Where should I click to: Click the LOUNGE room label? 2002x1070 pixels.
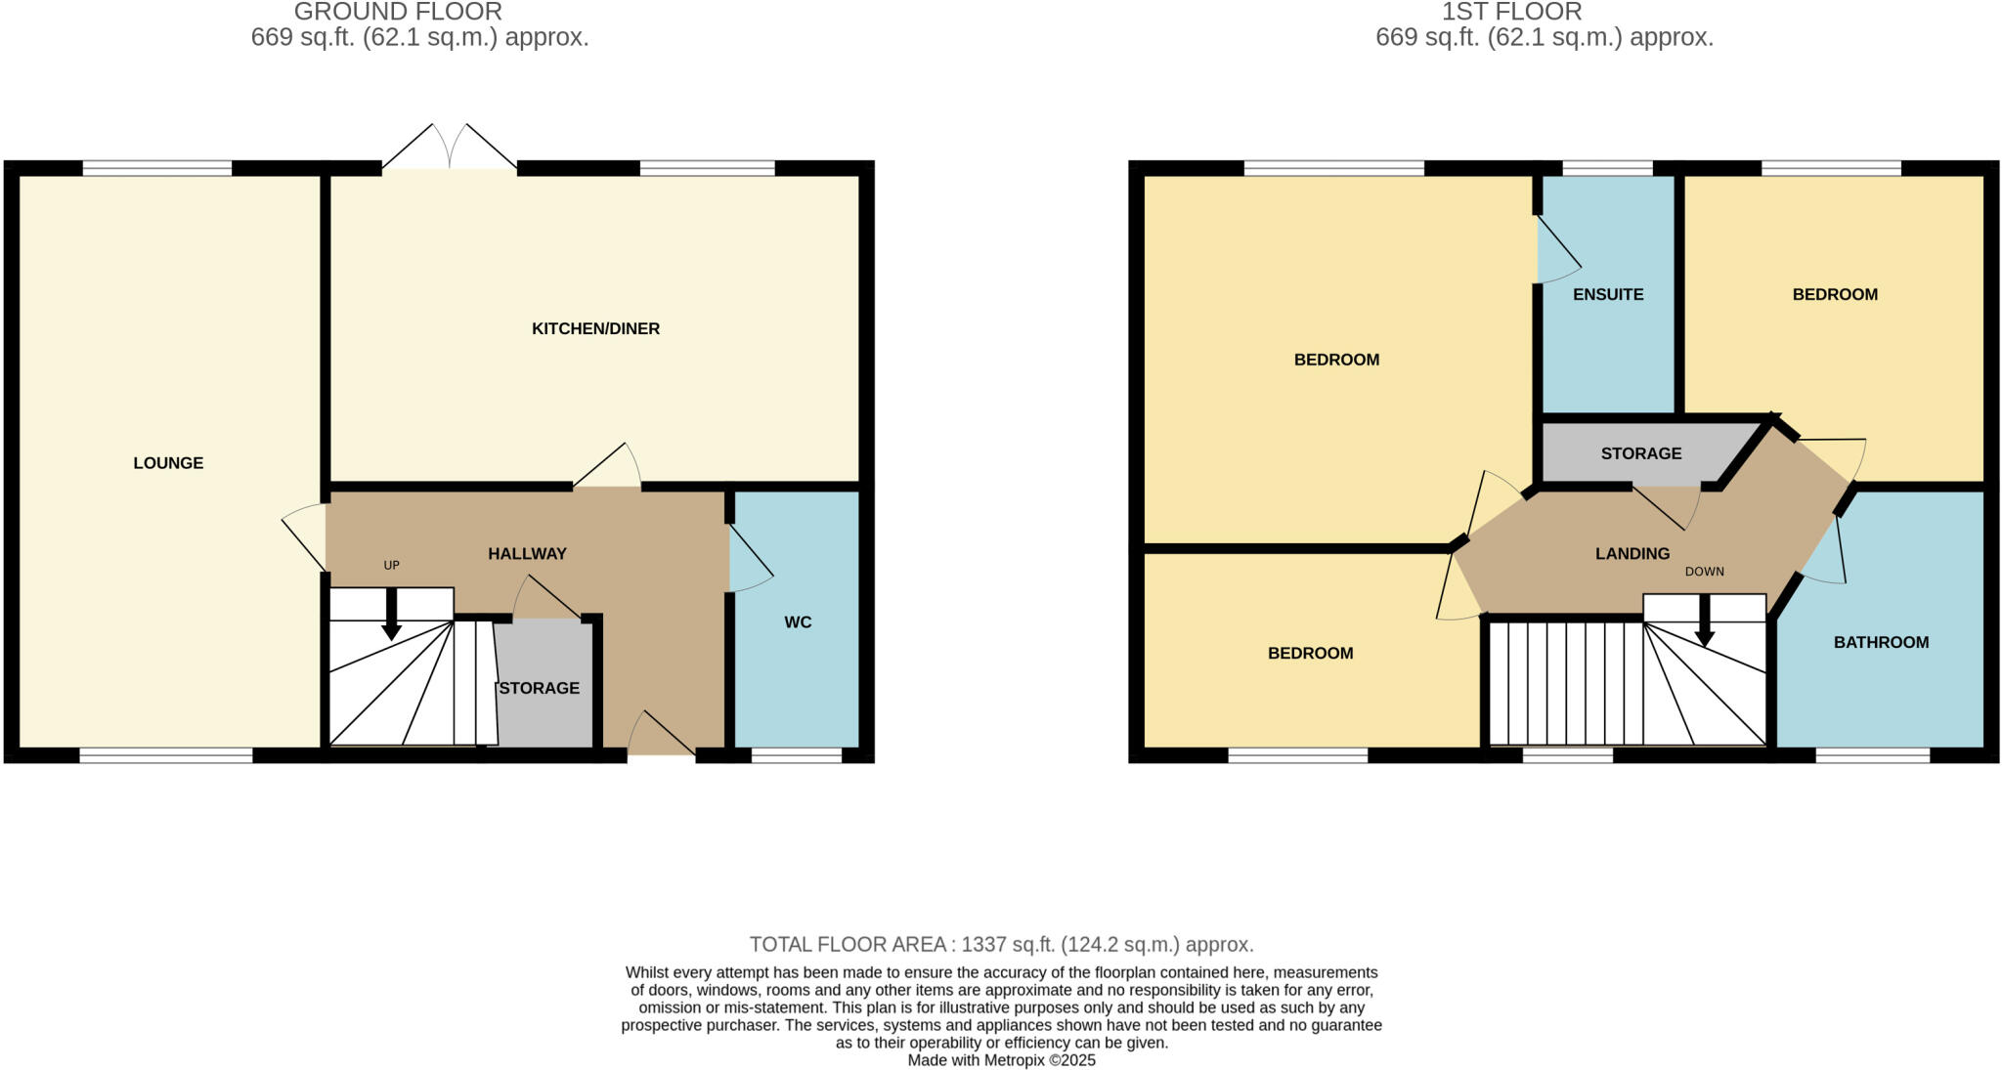pyautogui.click(x=168, y=463)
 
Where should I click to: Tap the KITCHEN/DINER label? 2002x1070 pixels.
pyautogui.click(x=595, y=328)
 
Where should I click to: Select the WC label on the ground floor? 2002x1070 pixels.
pyautogui.click(x=798, y=622)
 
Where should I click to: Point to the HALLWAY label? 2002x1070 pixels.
pyautogui.click(x=527, y=553)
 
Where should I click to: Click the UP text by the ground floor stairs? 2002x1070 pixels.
pyautogui.click(x=391, y=565)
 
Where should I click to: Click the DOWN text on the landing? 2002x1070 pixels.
pyautogui.click(x=1704, y=572)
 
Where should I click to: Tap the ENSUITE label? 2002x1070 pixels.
pyautogui.click(x=1608, y=294)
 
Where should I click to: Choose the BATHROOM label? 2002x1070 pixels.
pyautogui.click(x=1881, y=642)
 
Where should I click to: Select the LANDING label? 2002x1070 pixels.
pyautogui.click(x=1632, y=553)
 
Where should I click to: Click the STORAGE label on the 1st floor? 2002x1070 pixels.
pyautogui.click(x=1641, y=453)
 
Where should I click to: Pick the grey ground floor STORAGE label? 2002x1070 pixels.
pyautogui.click(x=539, y=688)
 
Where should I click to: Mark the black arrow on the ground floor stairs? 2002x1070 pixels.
pyautogui.click(x=391, y=616)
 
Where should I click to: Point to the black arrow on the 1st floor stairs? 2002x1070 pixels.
pyautogui.click(x=1704, y=621)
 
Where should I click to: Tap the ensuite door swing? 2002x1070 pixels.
pyautogui.click(x=1557, y=251)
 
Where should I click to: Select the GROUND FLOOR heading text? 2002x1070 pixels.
pyautogui.click(x=398, y=12)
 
